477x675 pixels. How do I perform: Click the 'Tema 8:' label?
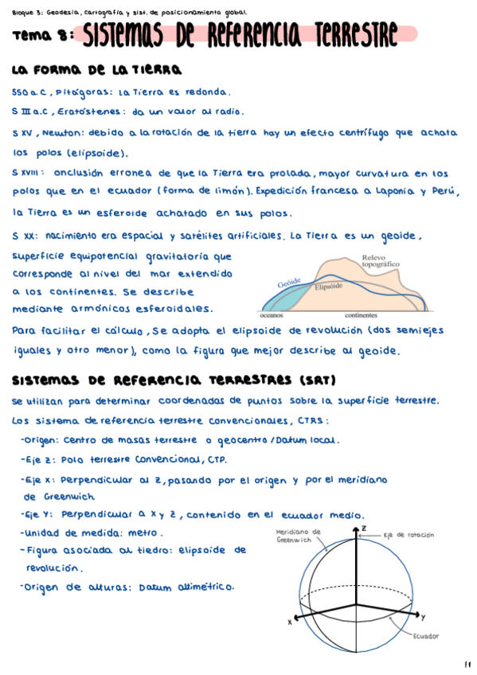[42, 35]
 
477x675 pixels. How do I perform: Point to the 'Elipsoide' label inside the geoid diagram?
[328, 286]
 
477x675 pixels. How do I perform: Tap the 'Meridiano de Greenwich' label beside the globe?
[299, 535]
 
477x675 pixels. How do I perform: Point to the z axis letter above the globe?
[363, 528]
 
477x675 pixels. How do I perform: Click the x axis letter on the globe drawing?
[290, 623]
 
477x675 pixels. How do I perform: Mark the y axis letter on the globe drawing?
[423, 616]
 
